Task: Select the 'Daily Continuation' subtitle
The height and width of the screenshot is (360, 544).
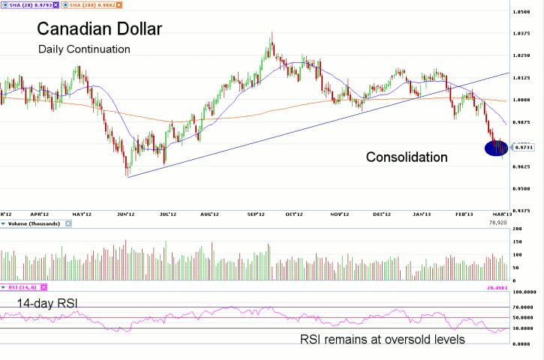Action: point(85,49)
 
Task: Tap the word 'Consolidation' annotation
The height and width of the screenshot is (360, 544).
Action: point(407,157)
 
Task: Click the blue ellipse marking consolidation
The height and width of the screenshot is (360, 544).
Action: point(496,148)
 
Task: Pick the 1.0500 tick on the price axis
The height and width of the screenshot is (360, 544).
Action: point(522,12)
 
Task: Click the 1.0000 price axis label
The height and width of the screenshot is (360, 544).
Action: point(522,100)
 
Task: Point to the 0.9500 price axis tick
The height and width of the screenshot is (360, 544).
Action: point(522,189)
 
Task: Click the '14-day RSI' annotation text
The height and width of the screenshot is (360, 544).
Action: point(44,302)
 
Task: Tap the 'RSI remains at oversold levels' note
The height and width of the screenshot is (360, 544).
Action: point(383,339)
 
